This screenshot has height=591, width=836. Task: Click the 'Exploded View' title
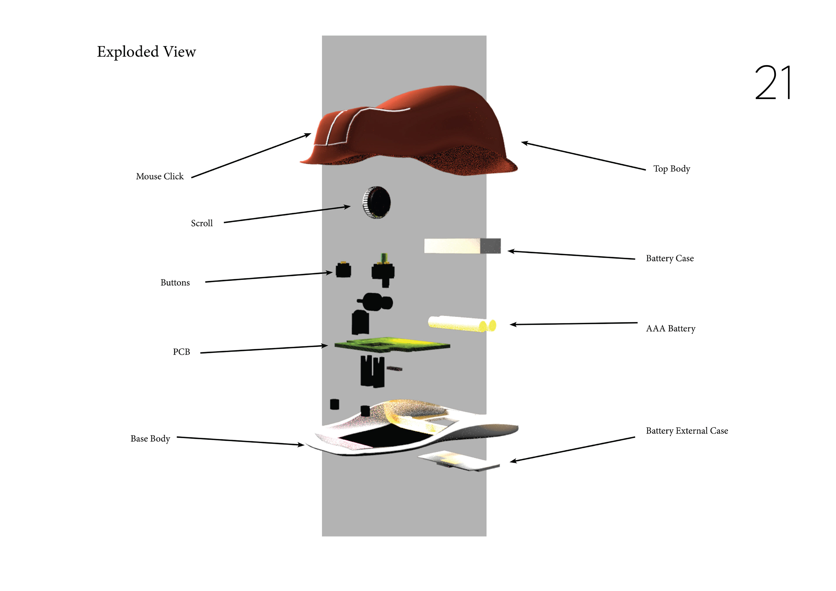(x=146, y=52)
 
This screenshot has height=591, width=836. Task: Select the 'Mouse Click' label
(x=160, y=177)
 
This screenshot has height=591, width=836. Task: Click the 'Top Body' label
(x=671, y=169)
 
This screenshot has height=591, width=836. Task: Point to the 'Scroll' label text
(x=202, y=223)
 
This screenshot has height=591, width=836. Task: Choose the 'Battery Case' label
(x=670, y=259)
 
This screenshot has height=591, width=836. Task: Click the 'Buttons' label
(x=175, y=283)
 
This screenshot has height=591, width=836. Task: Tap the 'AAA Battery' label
(x=670, y=329)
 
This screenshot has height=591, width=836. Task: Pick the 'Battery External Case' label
(x=687, y=431)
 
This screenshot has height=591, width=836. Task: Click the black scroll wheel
(x=377, y=202)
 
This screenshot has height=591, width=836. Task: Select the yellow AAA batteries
(x=462, y=324)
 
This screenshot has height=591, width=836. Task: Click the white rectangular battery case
(x=462, y=246)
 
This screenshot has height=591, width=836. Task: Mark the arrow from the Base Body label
(x=240, y=441)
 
